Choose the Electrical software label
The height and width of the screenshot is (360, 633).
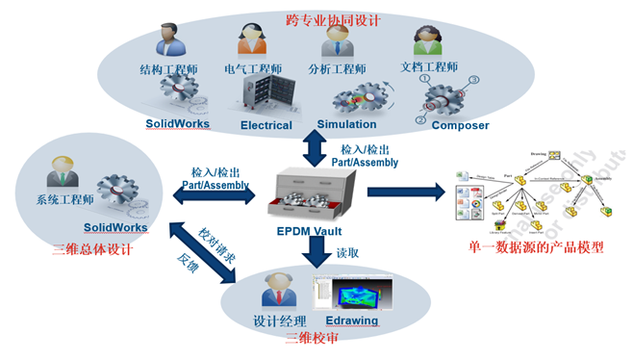pyautogui.click(x=266, y=125)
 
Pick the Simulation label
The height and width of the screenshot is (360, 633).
pyautogui.click(x=346, y=125)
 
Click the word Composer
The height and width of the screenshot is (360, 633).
pyautogui.click(x=460, y=125)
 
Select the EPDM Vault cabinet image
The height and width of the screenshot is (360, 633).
pyautogui.click(x=314, y=196)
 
